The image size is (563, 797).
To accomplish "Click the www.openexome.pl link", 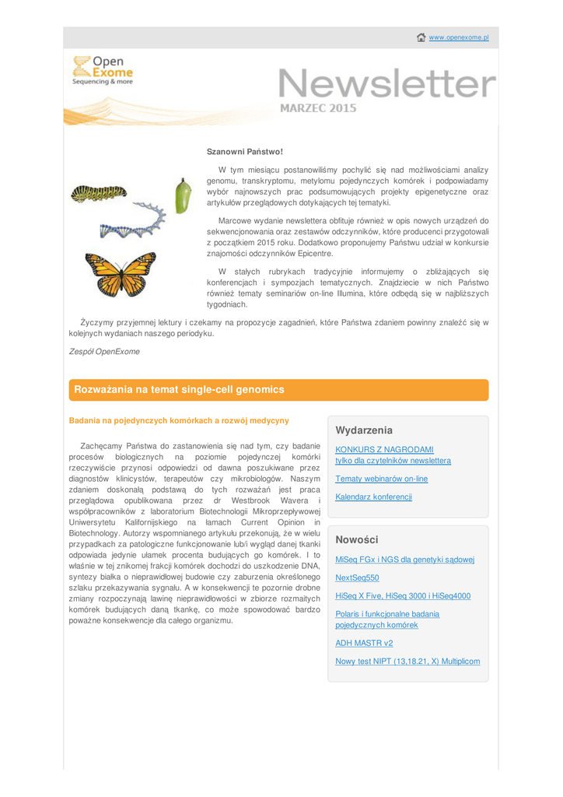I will coord(459,38).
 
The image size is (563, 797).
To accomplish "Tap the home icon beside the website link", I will coord(421,37).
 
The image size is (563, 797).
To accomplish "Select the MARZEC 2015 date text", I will coord(318,108).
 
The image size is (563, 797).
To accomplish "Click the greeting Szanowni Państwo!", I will coord(244,151).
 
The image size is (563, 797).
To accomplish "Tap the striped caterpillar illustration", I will coord(98,192).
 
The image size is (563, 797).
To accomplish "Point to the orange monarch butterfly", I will coord(121,274).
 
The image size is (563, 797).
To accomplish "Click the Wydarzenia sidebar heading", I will coord(364,430).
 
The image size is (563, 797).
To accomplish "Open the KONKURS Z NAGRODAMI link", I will coord(384,449).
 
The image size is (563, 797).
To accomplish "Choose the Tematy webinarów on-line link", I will coord(381,479).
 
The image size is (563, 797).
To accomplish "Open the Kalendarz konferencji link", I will coord(373,497).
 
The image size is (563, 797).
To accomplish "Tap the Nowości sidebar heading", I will coord(357,539).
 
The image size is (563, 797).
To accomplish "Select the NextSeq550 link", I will coord(357,578).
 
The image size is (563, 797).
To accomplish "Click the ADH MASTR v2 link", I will coord(364,643).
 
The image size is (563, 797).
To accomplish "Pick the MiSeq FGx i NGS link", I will coord(404,560).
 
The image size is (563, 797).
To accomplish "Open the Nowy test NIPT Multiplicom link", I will coord(407,662).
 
